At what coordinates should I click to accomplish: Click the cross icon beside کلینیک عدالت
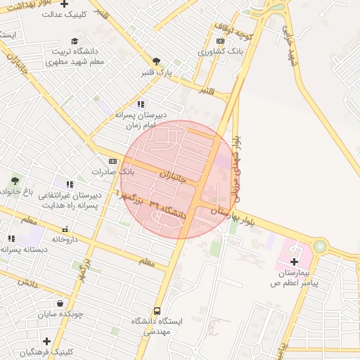tap(65, 4)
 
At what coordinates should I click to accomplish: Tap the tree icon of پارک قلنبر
tap(156, 61)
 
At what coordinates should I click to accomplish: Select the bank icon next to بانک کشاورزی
tap(221, 41)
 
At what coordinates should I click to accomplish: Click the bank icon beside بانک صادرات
tap(112, 162)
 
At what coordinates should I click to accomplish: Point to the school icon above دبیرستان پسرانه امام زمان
tap(141, 104)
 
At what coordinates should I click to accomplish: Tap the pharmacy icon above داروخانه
tap(65, 229)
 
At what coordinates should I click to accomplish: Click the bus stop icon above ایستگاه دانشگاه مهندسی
tap(156, 310)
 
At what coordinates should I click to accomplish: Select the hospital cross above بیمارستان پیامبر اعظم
tap(294, 262)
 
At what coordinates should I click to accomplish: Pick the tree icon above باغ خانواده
tap(15, 181)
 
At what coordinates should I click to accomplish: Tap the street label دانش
tap(27, 282)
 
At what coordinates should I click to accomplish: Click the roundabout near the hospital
tap(321, 246)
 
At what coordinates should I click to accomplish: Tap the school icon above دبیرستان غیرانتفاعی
tap(69, 184)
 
